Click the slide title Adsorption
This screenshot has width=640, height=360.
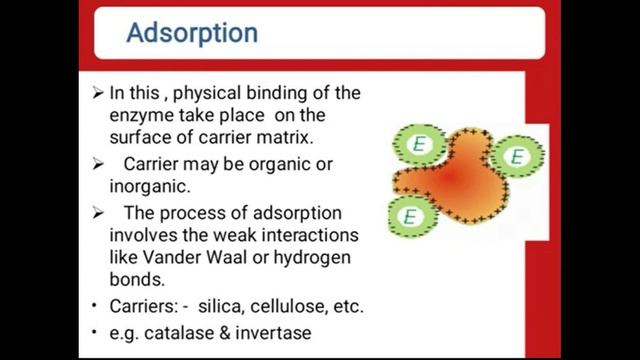[x=192, y=33]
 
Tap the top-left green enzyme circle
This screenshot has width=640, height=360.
[x=418, y=144]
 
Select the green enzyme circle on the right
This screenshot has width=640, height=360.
[x=516, y=157]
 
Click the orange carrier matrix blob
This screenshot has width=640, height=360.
[x=455, y=180]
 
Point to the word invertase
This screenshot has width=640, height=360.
[x=270, y=332]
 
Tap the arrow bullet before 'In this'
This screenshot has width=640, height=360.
[x=97, y=93]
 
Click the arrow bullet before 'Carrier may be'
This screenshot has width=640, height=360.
[x=97, y=163]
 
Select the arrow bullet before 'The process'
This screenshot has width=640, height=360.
[x=97, y=212]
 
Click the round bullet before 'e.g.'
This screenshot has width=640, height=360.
[x=94, y=332]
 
